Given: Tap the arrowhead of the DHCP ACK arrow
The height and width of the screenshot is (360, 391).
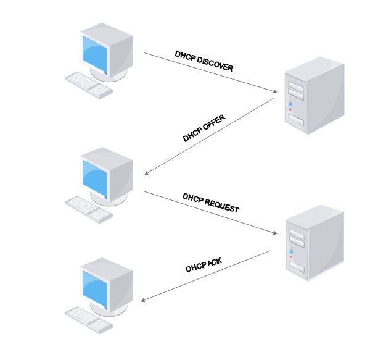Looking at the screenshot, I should pyautogui.click(x=143, y=301).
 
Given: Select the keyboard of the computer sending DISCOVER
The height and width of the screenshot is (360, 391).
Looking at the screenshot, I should pyautogui.click(x=90, y=84).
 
